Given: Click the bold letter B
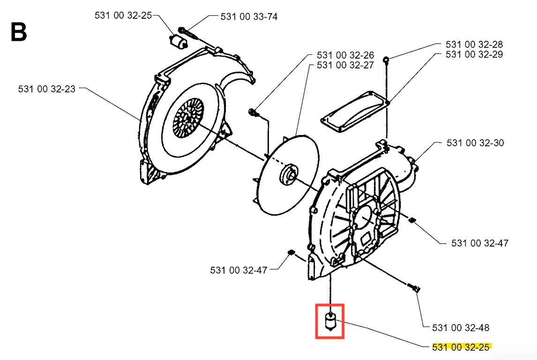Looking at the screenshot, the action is [18, 32].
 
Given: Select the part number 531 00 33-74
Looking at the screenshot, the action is [249, 16].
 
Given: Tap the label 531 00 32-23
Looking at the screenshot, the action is [46, 89].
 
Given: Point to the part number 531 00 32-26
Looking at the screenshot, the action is [345, 55].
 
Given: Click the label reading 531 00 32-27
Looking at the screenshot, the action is [345, 65].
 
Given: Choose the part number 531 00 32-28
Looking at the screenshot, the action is [474, 44].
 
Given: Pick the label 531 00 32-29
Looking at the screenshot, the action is [474, 54].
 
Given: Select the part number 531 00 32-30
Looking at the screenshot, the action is [475, 143].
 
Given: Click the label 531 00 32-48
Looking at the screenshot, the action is [461, 328].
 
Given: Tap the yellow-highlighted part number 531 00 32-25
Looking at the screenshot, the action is [461, 347].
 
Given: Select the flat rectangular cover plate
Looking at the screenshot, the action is [355, 111].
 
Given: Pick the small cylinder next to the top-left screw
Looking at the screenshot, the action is [178, 42].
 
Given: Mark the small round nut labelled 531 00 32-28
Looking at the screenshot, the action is [386, 60].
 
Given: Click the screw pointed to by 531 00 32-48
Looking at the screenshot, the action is [413, 287].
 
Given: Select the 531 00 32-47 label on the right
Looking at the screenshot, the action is [480, 243].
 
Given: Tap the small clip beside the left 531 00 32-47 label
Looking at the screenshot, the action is [291, 253].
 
